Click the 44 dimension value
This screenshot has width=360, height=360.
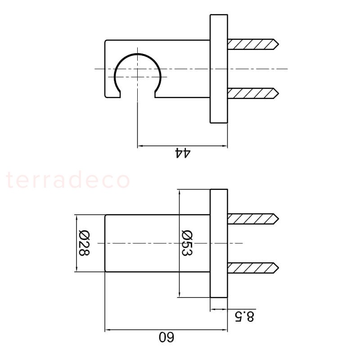183,153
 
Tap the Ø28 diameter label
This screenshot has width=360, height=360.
84,243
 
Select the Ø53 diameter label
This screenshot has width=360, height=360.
187,243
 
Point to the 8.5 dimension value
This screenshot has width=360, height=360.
244,316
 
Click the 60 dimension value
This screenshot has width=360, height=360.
166,337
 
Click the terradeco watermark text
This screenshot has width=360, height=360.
68,180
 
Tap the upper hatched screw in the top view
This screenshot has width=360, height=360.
253,44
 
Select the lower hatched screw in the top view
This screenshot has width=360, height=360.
253,94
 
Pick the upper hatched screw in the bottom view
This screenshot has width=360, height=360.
253,219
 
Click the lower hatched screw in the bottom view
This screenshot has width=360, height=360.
253,268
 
